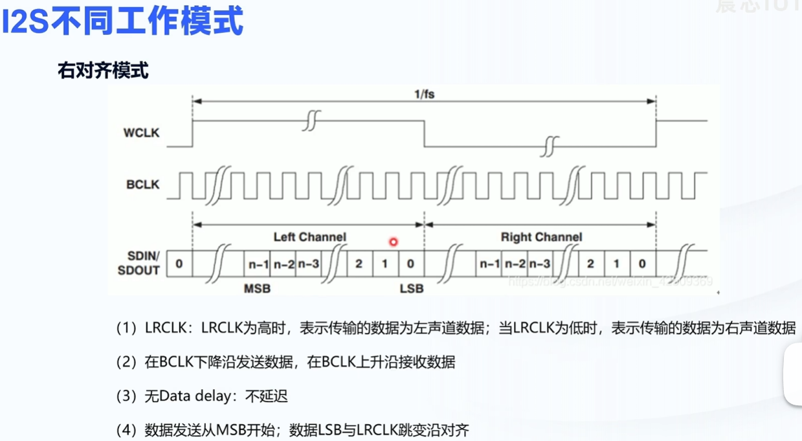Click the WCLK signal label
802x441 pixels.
[142, 133]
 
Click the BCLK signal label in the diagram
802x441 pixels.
[142, 185]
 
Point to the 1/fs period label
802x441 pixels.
[424, 94]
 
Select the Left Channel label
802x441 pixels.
[309, 237]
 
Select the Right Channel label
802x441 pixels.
[541, 237]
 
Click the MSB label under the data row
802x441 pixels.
[257, 288]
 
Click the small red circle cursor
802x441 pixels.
[393, 242]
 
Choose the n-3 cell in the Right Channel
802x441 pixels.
[540, 264]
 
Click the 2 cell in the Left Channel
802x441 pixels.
[359, 264]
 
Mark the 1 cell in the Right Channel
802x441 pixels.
[616, 264]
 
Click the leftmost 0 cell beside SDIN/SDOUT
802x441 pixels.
[179, 264]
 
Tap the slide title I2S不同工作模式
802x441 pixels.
[123, 22]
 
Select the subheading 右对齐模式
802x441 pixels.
[104, 70]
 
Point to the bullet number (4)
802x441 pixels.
[127, 429]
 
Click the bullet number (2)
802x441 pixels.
[127, 361]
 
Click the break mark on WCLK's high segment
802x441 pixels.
[312, 120]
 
